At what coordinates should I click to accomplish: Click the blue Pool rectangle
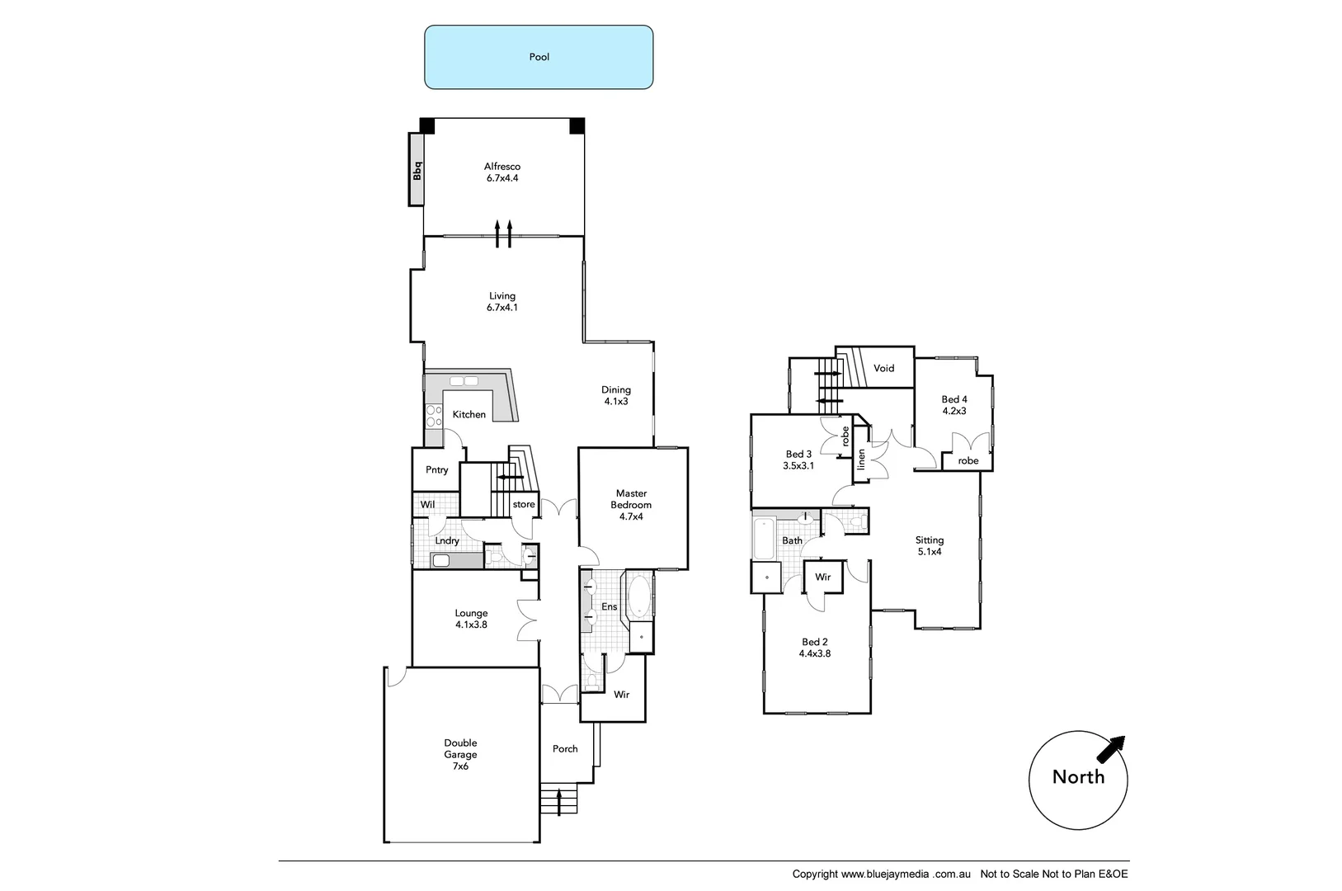tap(539, 57)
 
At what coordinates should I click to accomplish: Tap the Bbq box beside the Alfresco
tap(417, 170)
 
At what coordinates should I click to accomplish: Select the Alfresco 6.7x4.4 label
tap(501, 172)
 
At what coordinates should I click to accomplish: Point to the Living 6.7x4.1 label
tap(501, 301)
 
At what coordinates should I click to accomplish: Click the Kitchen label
tap(469, 414)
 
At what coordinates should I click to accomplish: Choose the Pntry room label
tap(436, 469)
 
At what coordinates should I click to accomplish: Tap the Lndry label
tap(446, 540)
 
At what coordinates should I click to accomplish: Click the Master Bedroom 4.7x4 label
tap(631, 505)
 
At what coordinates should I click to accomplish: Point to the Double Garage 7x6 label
tap(460, 754)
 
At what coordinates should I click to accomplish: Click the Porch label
tap(565, 748)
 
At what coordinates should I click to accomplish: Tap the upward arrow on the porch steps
tap(560, 801)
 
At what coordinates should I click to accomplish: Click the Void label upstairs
tap(883, 368)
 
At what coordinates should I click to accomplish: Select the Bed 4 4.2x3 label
tap(954, 404)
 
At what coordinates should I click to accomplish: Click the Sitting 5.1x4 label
tap(929, 545)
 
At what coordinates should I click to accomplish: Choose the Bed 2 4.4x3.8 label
tap(814, 647)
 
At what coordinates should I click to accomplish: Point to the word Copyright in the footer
tap(815, 874)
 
